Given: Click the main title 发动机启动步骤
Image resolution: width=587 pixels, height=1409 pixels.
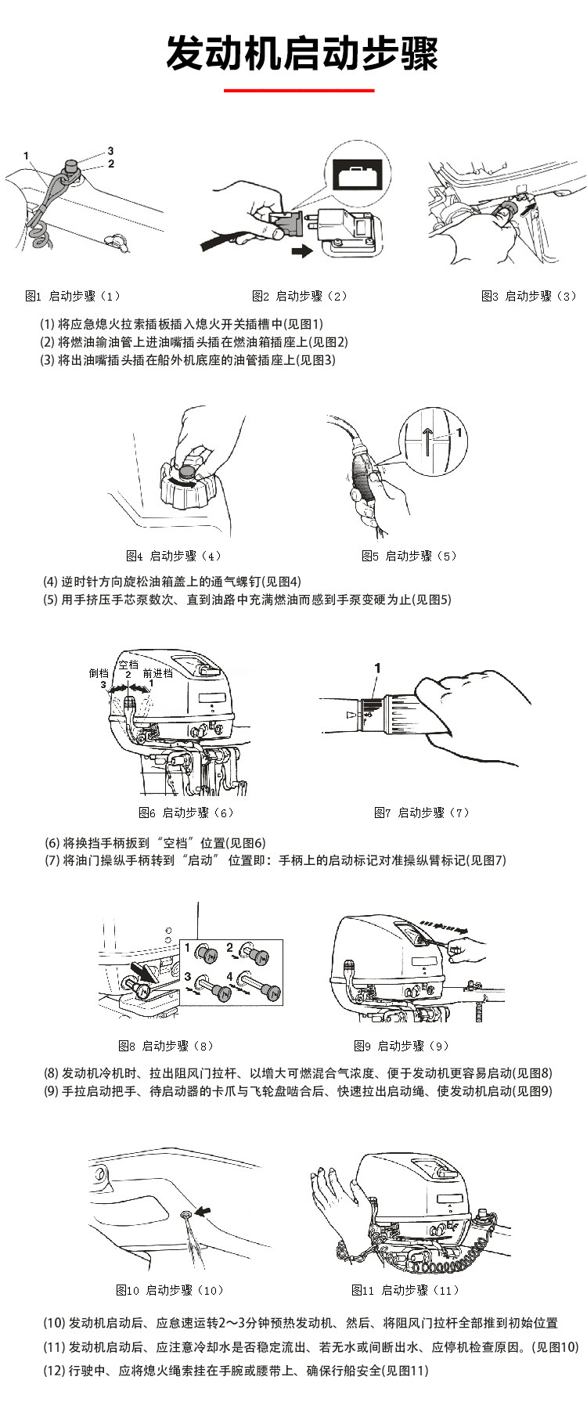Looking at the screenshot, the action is tap(301, 53).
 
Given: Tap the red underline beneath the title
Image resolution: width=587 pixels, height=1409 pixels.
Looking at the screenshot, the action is tap(300, 91).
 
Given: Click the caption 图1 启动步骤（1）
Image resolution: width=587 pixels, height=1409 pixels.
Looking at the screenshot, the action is tap(73, 296).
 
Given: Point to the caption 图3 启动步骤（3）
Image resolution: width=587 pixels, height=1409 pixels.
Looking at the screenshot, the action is tap(529, 296).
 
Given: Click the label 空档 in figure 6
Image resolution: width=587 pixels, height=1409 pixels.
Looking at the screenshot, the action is tap(128, 665).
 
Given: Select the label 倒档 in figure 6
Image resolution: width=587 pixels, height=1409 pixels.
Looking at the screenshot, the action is tap(99, 673).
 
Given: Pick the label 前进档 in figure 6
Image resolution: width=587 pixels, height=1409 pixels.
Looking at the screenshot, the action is tap(157, 673).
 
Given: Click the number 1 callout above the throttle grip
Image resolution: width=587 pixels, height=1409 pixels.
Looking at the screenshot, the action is tap(377, 668).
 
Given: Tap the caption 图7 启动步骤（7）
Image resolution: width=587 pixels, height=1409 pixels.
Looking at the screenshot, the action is tap(422, 813).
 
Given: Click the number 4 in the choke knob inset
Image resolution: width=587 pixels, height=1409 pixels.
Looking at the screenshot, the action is tap(230, 976).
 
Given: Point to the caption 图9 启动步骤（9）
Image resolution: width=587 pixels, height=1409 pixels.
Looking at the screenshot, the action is tap(401, 1046).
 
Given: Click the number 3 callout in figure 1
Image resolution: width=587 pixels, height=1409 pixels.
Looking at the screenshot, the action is tap(110, 150).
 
